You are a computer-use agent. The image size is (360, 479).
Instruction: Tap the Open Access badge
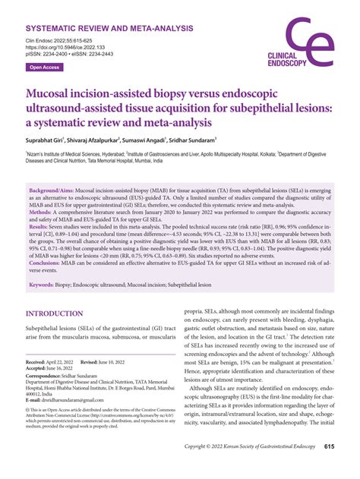[x=45, y=68]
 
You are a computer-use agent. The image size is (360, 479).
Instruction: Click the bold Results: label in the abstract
[x=42, y=227]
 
